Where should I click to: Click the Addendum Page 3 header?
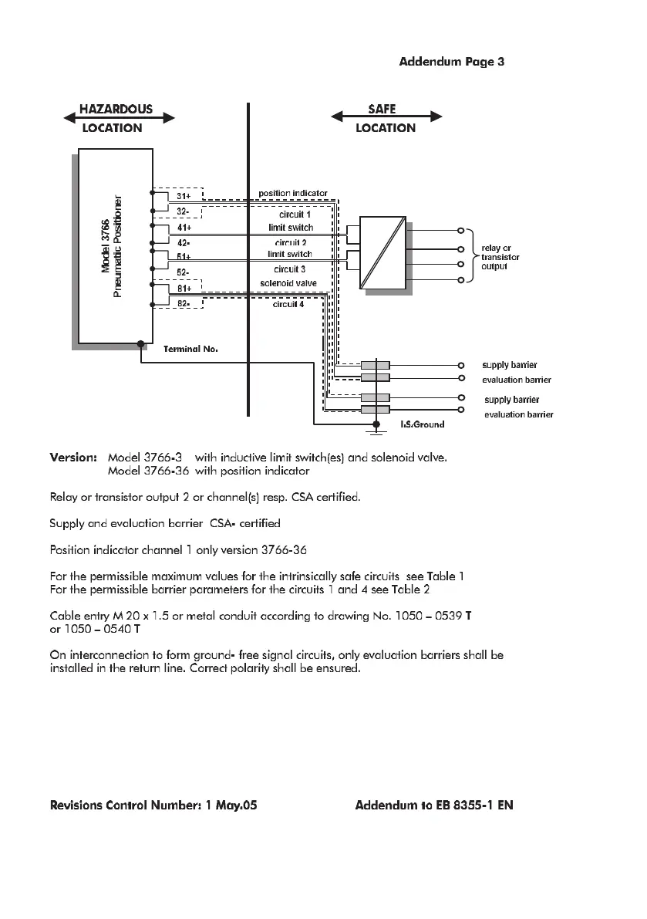coord(451,61)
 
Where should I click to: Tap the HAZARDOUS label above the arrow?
coord(116,109)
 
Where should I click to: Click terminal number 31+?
coord(184,194)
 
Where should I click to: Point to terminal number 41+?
coord(184,228)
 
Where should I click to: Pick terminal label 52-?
coord(184,272)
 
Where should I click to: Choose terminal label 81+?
coord(184,289)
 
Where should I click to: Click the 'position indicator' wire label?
coord(292,193)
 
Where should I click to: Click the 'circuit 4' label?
coord(288,304)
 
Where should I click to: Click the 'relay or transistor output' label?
coord(500,258)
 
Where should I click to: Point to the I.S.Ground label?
coord(422,424)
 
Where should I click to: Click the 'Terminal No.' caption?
coord(190,350)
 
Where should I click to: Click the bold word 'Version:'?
coord(73,457)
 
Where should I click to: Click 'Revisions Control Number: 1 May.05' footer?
coord(153,806)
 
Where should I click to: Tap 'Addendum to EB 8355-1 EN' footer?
coord(434,806)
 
